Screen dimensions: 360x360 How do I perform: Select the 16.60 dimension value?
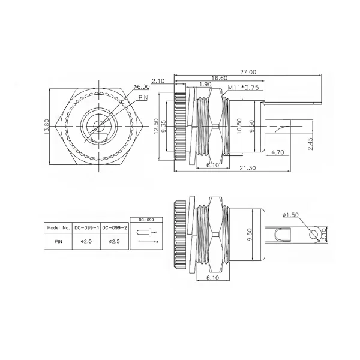click(x=202, y=78)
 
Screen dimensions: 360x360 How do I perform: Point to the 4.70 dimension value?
click(x=277, y=153)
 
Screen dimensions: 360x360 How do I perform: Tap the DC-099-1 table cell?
click(x=85, y=228)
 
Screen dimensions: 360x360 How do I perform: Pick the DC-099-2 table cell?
click(x=113, y=228)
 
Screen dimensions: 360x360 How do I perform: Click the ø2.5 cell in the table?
click(x=113, y=242)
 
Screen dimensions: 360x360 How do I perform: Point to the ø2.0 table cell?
click(x=85, y=242)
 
